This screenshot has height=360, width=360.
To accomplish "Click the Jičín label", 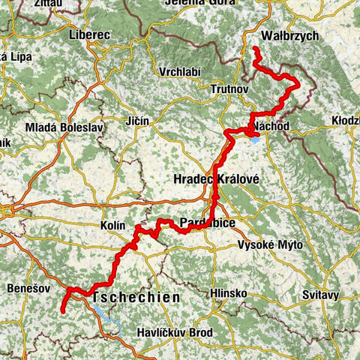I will [138, 121].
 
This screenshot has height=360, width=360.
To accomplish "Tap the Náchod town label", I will [271, 124].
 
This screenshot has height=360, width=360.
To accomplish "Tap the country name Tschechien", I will [136, 298].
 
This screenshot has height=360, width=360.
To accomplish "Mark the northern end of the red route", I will [255, 49].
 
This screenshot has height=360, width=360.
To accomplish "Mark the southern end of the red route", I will [62, 310].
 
